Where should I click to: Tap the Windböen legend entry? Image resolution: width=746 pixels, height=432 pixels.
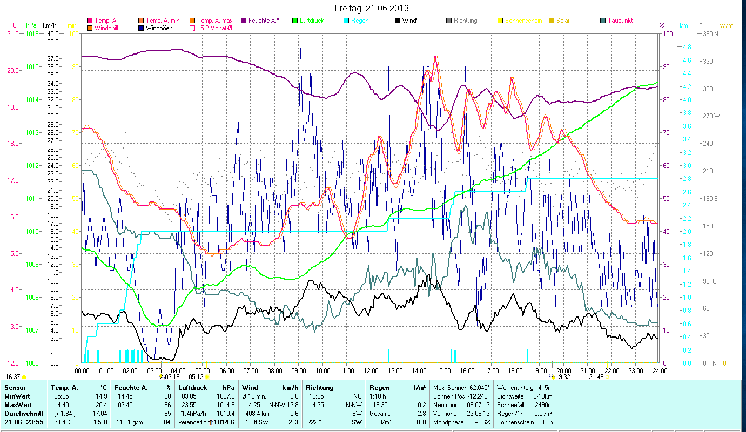(159, 28)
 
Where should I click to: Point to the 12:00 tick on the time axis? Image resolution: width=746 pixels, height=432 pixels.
(371, 371)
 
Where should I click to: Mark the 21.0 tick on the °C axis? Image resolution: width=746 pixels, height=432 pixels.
(12, 33)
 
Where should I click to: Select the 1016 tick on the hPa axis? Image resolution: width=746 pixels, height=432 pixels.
(32, 33)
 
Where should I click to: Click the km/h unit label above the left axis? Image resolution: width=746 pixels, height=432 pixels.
(49, 25)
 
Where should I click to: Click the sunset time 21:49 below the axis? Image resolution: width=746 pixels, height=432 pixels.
(596, 377)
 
